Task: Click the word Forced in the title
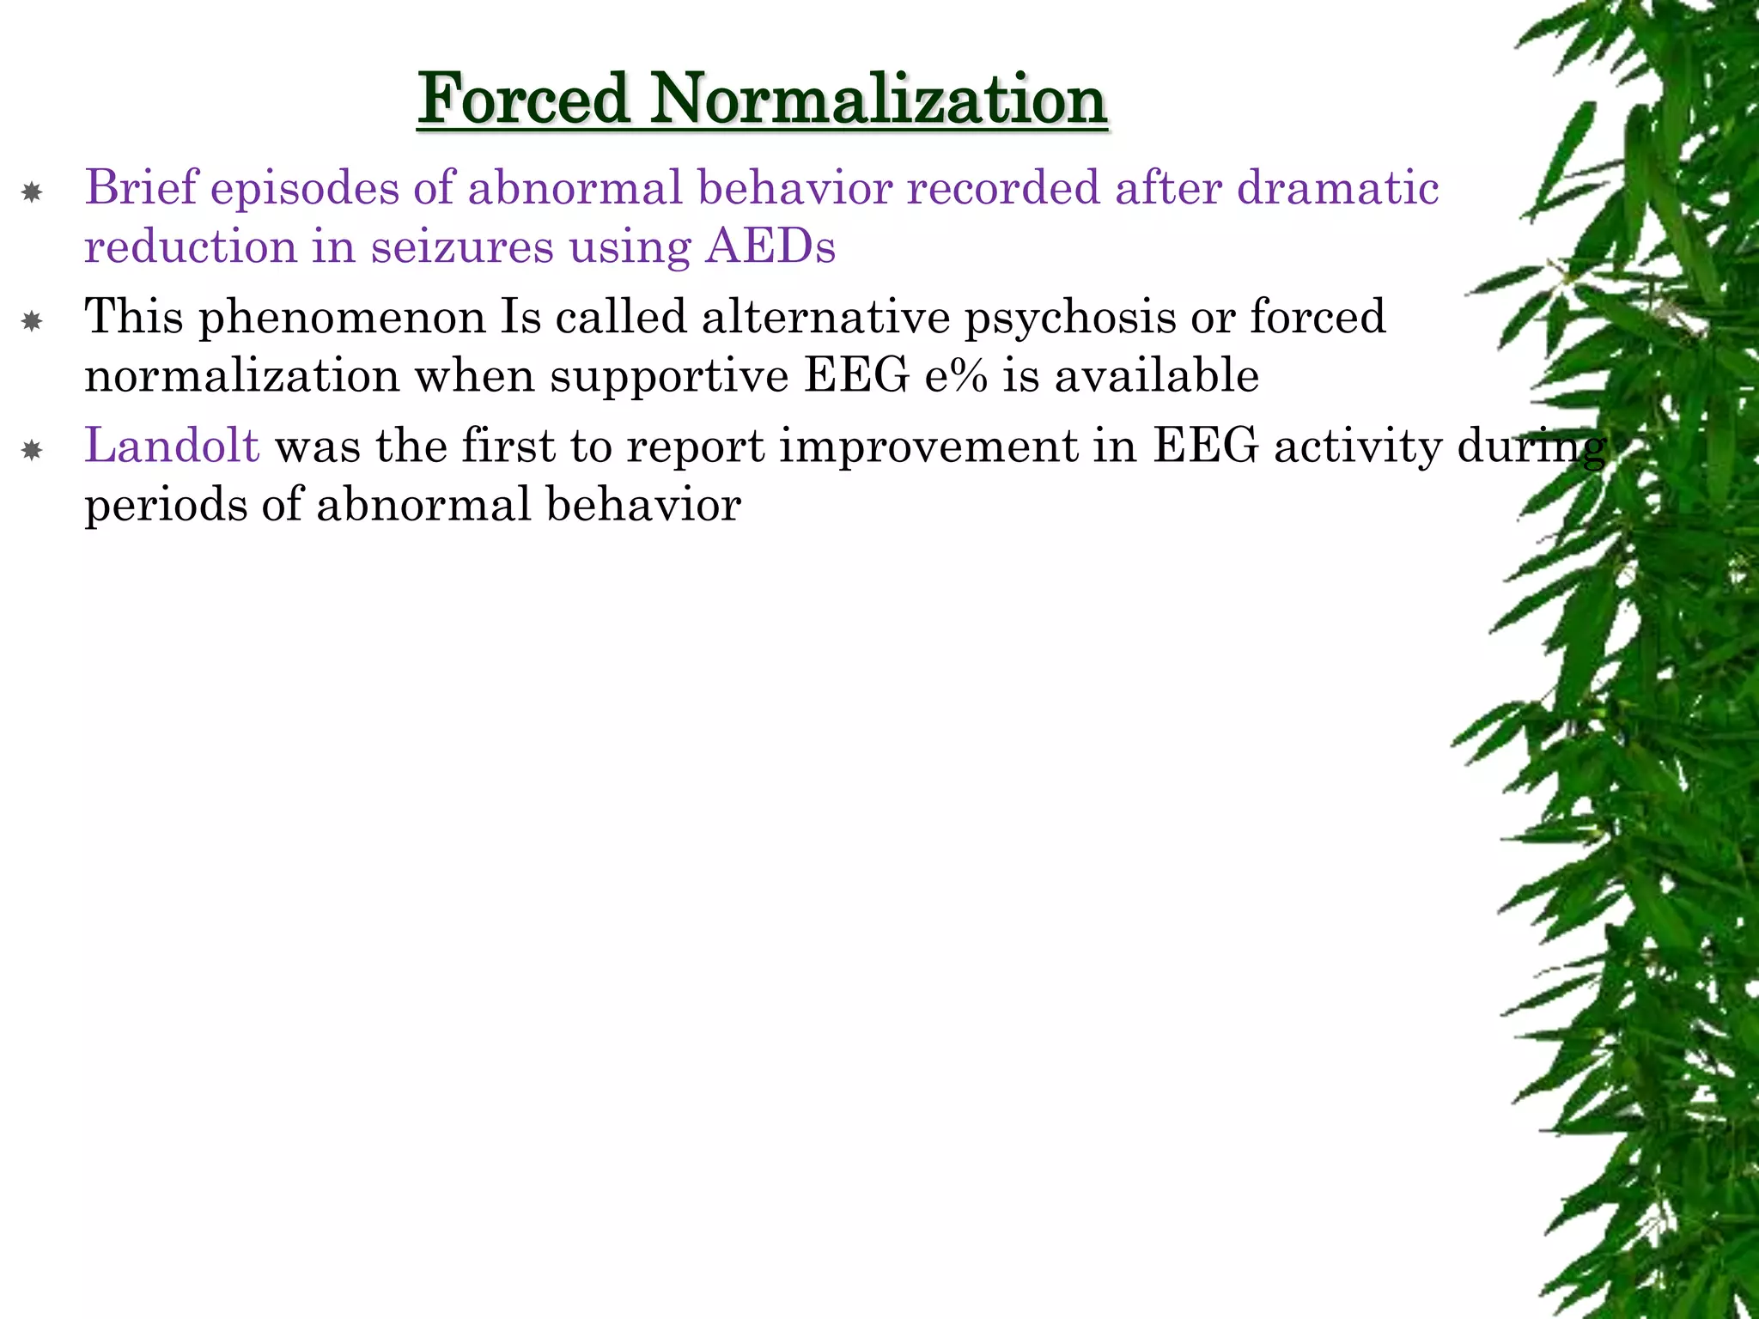(525, 99)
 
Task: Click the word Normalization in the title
(877, 99)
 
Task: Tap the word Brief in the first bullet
(142, 187)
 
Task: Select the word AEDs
(770, 247)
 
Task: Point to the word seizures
(463, 247)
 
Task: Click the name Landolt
(172, 446)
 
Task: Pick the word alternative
(825, 316)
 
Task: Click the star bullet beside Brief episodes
(32, 192)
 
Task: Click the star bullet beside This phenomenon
(32, 322)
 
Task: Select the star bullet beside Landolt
(32, 451)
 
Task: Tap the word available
(1156, 376)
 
